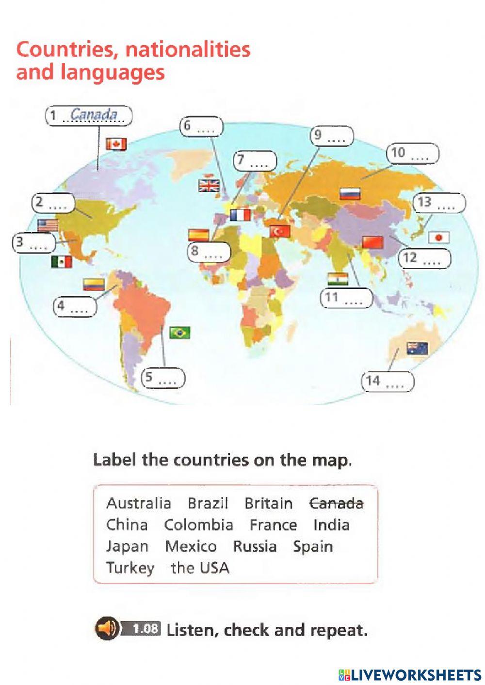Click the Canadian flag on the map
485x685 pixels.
coord(116,144)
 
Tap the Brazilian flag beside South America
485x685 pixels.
coord(179,333)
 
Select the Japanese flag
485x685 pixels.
coord(438,237)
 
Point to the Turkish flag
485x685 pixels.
coord(280,231)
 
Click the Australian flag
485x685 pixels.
coord(417,348)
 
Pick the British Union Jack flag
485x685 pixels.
coord(209,186)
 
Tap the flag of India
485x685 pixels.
coord(338,279)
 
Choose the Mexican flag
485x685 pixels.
coord(62,262)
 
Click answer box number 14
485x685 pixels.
coord(388,382)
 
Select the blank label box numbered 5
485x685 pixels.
coord(163,378)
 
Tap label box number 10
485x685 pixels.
coord(413,153)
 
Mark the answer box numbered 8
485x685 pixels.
coord(209,252)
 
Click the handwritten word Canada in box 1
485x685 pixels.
coord(94,115)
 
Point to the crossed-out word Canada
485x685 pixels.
coord(336,503)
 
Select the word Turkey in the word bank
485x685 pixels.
coord(130,568)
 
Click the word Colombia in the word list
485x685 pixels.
coord(198,525)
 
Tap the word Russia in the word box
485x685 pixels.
coord(255,546)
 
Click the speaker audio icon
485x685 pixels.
coord(106,629)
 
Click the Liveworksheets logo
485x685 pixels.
coord(410,674)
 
